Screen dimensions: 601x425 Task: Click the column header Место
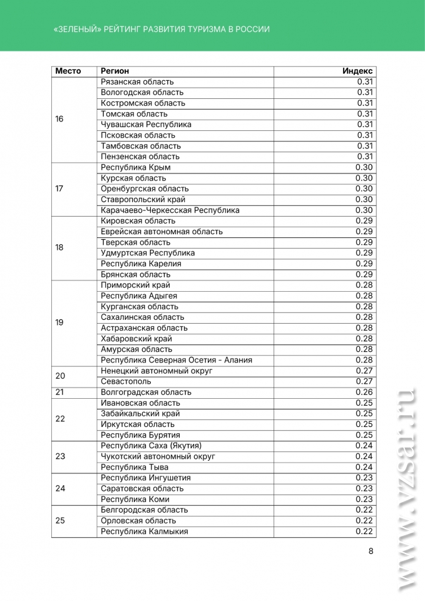68,71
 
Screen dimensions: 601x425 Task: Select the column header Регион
115,71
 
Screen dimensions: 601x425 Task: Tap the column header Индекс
357,71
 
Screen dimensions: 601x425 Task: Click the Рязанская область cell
138,82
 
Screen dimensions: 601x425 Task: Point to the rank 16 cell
59,119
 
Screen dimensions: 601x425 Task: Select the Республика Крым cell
136,167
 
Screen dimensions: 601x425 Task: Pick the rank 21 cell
59,393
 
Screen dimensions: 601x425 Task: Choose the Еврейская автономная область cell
161,232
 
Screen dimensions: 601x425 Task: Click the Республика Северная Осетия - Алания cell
177,360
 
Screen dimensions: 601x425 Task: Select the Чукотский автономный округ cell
158,456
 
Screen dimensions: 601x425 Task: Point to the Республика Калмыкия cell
145,532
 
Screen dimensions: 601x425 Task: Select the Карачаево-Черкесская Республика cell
170,210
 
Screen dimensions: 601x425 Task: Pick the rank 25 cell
60,520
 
